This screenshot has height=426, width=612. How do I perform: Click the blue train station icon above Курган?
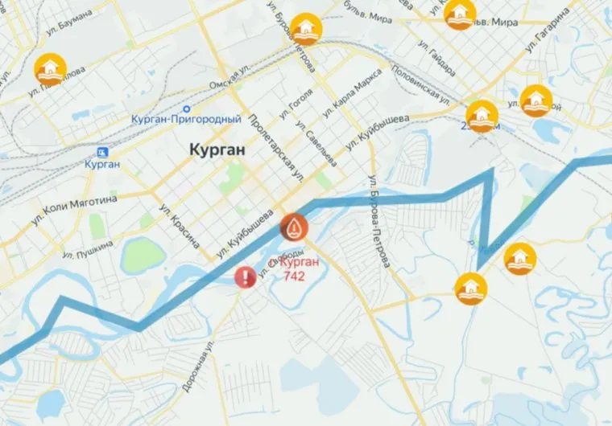coord(102,152)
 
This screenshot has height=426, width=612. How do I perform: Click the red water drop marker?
coord(293,227)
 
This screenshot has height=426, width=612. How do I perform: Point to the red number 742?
coord(295,276)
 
